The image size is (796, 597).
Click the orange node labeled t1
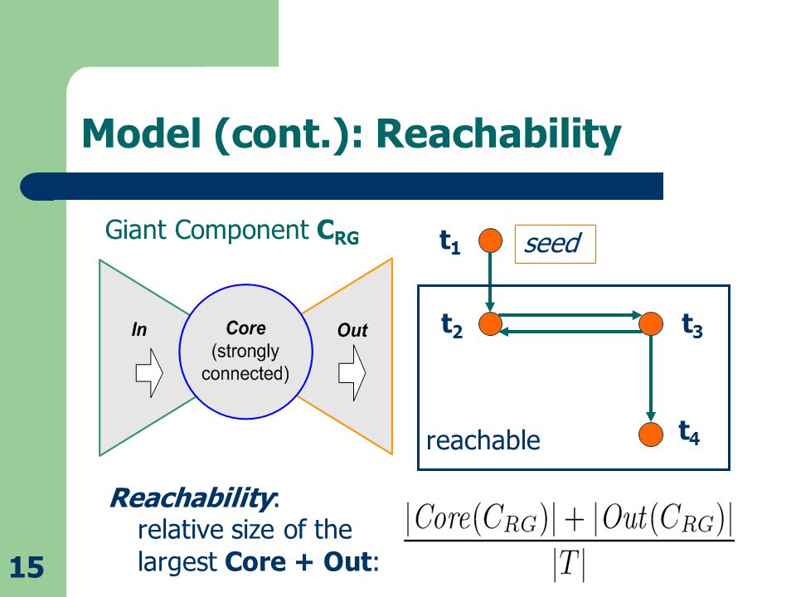(490, 240)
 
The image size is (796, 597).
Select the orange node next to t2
(490, 323)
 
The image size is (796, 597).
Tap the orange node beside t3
(651, 323)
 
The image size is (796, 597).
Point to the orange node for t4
(651, 434)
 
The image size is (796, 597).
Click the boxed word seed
(552, 243)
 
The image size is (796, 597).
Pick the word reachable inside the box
(483, 440)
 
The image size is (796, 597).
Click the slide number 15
(27, 567)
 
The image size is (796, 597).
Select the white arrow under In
(149, 372)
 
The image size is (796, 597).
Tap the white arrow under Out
(352, 373)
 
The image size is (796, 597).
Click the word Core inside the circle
(245, 328)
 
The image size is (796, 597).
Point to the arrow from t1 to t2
(490, 282)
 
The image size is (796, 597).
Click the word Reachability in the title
(498, 134)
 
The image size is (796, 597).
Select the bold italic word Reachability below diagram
(192, 498)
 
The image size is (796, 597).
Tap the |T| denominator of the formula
(569, 564)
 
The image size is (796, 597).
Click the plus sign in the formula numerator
(574, 521)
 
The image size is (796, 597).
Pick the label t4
(689, 433)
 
